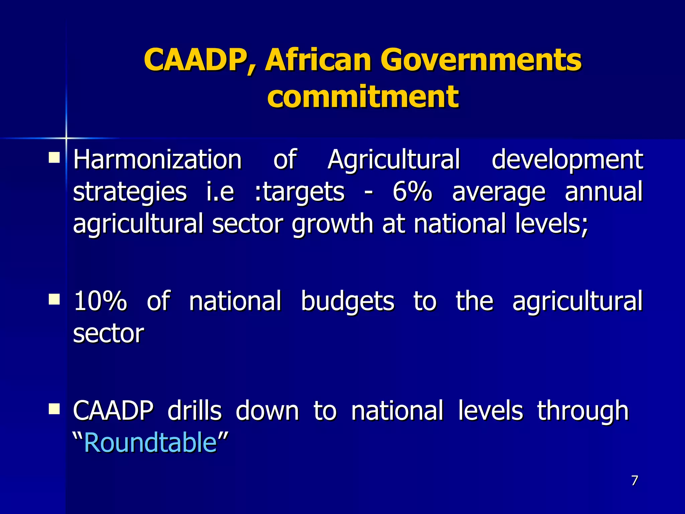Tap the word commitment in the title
363,97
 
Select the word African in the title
318,60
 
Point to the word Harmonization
157,160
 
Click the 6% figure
412,192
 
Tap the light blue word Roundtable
151,443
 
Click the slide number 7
634,481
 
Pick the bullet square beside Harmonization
54,157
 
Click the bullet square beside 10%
54,299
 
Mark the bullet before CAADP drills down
54,408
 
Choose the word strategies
130,192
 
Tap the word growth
332,224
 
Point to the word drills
194,410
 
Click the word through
583,411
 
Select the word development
567,160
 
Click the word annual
604,192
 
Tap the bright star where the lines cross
66,138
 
